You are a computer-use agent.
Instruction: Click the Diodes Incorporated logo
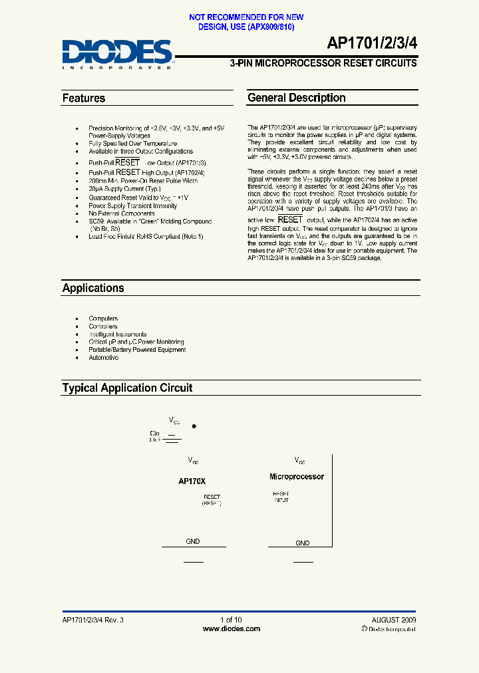click(x=117, y=54)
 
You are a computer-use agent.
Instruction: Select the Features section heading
click(x=84, y=98)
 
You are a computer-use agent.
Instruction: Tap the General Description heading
click(x=296, y=98)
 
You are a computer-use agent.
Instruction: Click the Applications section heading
click(x=93, y=288)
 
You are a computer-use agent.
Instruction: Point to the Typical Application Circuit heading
click(x=127, y=388)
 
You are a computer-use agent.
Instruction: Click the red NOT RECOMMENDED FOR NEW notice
click(x=246, y=17)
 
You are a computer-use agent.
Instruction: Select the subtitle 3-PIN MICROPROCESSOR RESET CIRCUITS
click(x=323, y=63)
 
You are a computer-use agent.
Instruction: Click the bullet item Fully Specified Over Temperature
click(x=132, y=144)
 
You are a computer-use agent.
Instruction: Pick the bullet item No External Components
click(x=122, y=213)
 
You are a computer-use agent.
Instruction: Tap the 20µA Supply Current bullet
click(x=124, y=190)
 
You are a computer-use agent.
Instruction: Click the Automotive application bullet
click(x=103, y=358)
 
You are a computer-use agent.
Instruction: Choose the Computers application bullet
click(x=103, y=319)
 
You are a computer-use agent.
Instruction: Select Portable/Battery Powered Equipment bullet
click(x=137, y=350)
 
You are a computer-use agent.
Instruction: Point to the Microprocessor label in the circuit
click(x=296, y=477)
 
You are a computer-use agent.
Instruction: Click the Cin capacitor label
click(x=155, y=432)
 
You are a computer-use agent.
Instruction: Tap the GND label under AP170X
click(x=192, y=541)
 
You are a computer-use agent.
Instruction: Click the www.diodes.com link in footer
click(x=231, y=628)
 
